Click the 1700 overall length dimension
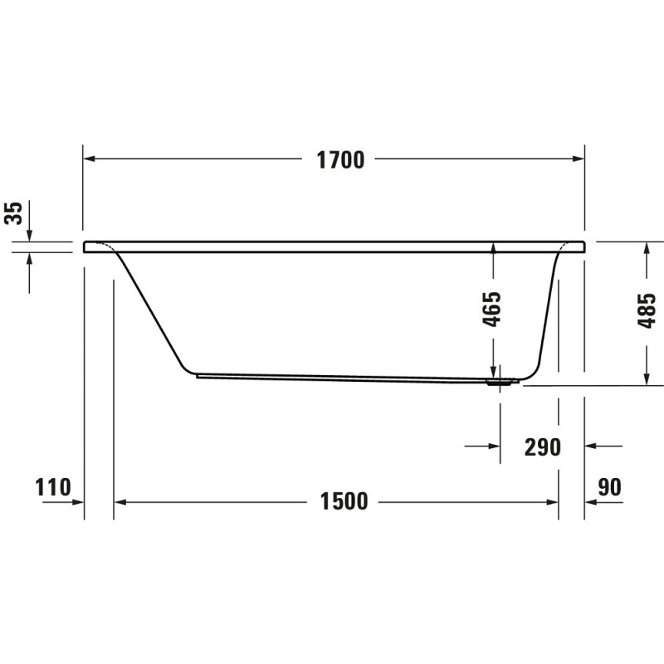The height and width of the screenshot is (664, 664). coord(340,160)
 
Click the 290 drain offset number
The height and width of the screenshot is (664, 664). coord(543,447)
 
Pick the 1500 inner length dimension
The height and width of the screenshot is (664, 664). coord(344,501)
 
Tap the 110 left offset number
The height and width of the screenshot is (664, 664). coord(53,487)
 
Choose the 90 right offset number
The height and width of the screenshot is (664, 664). coord(609,487)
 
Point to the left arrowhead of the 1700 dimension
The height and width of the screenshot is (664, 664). coord(89,159)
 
